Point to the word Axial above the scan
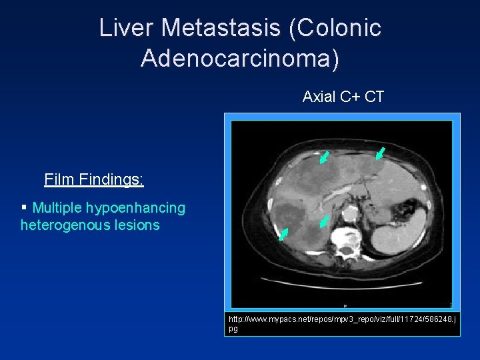click(319, 97)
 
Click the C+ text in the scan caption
click(351, 97)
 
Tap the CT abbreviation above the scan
click(375, 97)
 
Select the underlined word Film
click(59, 179)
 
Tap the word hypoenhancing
click(140, 208)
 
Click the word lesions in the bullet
click(138, 225)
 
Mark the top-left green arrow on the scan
click(324, 157)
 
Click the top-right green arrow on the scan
click(379, 153)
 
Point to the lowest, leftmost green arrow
click(283, 234)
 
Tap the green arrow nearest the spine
click(324, 221)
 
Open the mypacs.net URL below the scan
click(341, 324)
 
